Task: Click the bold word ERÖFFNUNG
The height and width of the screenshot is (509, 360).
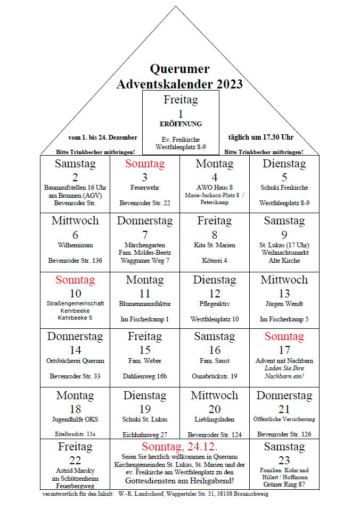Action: pos(181,124)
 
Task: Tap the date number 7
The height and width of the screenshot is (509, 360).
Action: pos(145,235)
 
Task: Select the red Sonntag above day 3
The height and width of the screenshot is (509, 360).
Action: pos(145,164)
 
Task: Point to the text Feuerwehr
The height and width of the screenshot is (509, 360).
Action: pos(145,188)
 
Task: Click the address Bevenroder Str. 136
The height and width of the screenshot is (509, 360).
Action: pos(75,261)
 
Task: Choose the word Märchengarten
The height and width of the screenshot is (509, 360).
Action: pos(145,245)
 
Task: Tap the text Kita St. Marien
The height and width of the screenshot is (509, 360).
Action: pos(215,245)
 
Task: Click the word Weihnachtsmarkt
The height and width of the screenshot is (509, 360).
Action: pos(284,253)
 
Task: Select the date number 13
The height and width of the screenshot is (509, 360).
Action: pos(284,293)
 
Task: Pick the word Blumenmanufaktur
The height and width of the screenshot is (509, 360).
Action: pos(145,304)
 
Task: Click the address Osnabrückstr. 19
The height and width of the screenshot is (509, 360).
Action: pos(215,376)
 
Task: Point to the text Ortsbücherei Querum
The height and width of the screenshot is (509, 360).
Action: pos(75,361)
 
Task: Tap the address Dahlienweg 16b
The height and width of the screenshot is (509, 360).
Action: pos(145,376)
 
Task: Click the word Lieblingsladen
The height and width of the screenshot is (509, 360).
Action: pos(215,419)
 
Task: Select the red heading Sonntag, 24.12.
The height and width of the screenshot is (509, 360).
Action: pos(179,447)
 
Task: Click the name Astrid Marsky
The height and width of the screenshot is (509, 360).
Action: pos(75,471)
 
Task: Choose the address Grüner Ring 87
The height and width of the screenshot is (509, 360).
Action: pos(284,485)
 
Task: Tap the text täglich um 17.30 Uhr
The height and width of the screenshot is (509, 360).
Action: pos(260,137)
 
